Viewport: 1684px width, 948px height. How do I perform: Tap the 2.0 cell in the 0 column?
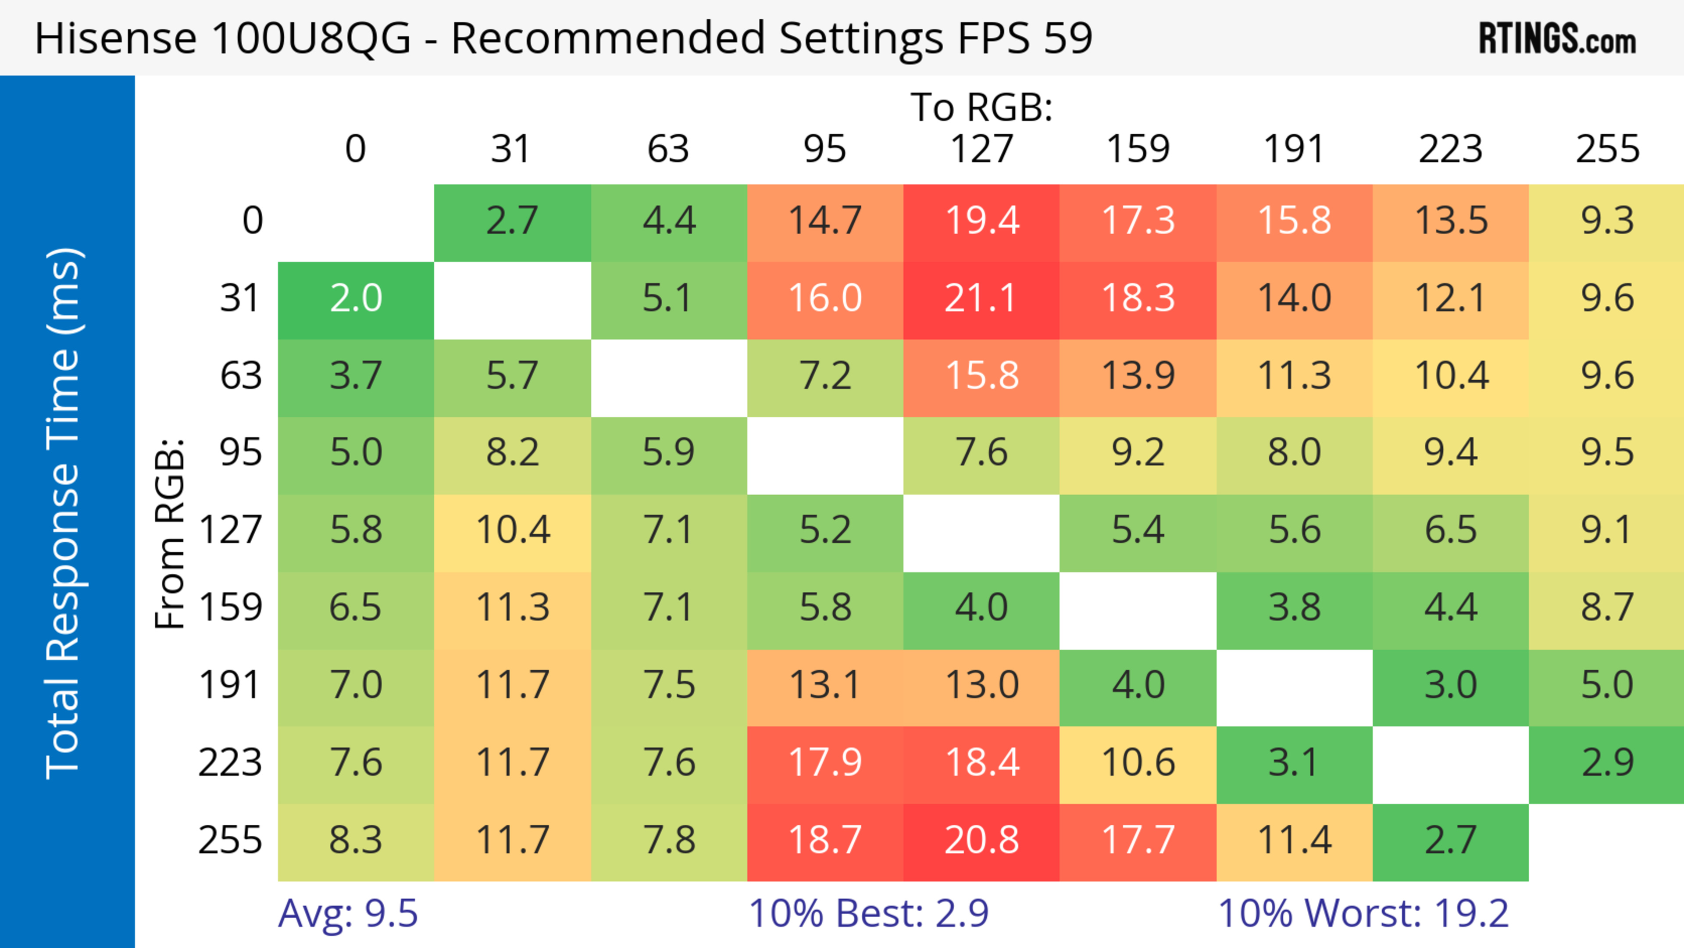pyautogui.click(x=356, y=299)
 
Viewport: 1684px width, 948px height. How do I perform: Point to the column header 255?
pyautogui.click(x=1607, y=149)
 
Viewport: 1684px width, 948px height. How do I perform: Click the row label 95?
pyautogui.click(x=241, y=452)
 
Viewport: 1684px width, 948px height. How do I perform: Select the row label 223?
pyautogui.click(x=230, y=763)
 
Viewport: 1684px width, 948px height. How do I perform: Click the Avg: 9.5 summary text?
pyautogui.click(x=348, y=913)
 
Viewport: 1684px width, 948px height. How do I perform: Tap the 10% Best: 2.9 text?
pyautogui.click(x=868, y=913)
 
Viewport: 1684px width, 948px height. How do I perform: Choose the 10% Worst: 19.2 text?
pyautogui.click(x=1363, y=913)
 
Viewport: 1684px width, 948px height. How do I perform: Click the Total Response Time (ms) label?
pyautogui.click(x=64, y=514)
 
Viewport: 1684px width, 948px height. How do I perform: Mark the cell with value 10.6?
pyautogui.click(x=1138, y=763)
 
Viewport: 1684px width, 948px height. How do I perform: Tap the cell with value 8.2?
pyautogui.click(x=512, y=452)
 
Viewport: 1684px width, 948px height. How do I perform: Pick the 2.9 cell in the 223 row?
pyautogui.click(x=1607, y=763)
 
